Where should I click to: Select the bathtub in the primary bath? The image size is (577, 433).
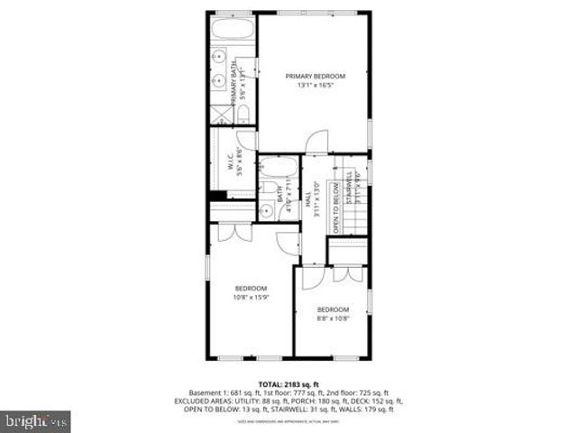(x=233, y=31)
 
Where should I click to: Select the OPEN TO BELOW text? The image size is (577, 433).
(x=335, y=207)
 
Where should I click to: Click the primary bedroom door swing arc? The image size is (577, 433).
(x=316, y=143)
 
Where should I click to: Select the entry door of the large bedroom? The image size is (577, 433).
(x=288, y=242)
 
